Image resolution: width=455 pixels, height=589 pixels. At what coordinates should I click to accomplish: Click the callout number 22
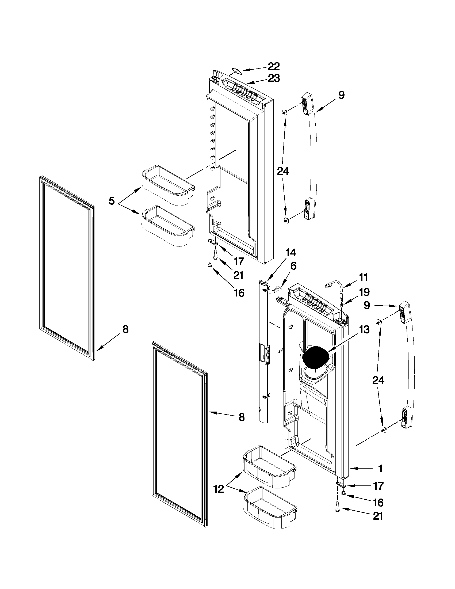click(274, 66)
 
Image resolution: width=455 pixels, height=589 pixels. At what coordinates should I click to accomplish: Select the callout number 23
click(274, 78)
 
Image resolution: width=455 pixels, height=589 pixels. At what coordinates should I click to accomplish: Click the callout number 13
click(364, 330)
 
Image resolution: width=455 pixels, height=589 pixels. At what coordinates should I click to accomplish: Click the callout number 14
click(291, 253)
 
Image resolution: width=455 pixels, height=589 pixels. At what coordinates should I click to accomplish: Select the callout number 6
click(293, 266)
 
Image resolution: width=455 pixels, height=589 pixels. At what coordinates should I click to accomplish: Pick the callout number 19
click(364, 292)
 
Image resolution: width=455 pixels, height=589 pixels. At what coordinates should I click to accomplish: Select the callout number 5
click(112, 201)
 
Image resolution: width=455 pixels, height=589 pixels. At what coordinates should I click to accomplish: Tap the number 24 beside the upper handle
click(283, 171)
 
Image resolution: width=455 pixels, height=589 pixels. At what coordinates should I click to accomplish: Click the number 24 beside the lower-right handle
click(378, 380)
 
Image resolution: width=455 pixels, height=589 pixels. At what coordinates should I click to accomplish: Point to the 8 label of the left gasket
click(125, 329)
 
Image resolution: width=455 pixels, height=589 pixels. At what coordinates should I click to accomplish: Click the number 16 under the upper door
click(239, 292)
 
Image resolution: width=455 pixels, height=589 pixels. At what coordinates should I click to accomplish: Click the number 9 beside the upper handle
click(341, 95)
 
